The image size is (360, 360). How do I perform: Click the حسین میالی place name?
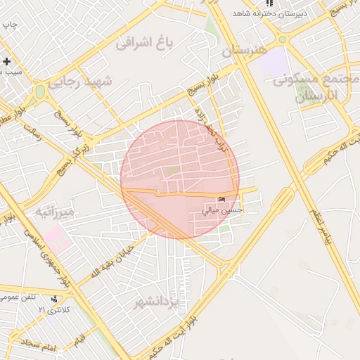pyautogui.click(x=222, y=210)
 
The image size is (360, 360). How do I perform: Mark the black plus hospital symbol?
pyautogui.click(x=6, y=61)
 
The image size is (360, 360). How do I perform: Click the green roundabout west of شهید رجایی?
pyautogui.click(x=40, y=91)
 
